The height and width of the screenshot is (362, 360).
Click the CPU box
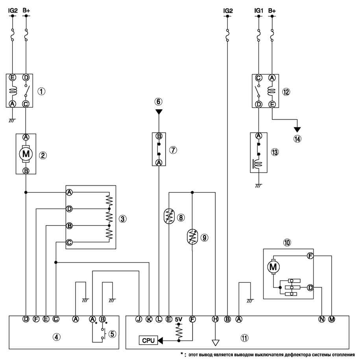point(148,340)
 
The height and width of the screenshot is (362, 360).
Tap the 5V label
point(178,319)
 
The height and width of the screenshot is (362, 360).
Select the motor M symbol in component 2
point(26,154)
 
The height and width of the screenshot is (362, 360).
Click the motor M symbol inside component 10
point(273,267)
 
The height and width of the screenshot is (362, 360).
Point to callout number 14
point(297,139)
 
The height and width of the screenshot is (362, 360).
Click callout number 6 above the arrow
point(158,101)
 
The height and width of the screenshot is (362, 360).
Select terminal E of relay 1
point(13,77)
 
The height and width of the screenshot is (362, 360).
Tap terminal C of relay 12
point(258,78)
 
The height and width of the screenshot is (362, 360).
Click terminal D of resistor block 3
point(69,209)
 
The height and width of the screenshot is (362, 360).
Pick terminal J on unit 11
point(138,319)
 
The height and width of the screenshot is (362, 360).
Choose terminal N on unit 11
point(322,319)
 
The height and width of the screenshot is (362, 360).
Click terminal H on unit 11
point(215,319)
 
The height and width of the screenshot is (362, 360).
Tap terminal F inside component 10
point(310,256)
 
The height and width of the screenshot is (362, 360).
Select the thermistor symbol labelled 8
point(169,216)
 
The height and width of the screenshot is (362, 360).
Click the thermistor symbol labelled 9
point(192,236)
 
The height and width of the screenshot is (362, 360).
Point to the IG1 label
point(258,11)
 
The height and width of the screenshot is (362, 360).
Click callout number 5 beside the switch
point(112,334)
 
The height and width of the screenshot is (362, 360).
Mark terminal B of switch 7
point(159,136)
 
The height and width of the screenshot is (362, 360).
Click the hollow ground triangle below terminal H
point(215,343)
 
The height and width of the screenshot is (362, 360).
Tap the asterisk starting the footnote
point(182,354)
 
